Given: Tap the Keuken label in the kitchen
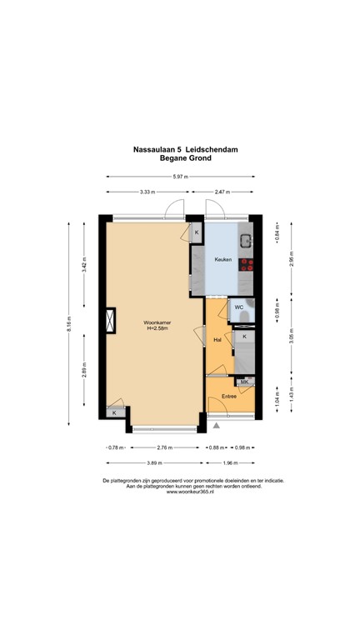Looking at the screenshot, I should (x=222, y=259).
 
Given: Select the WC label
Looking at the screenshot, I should (x=238, y=307).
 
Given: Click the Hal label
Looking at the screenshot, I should (x=217, y=340).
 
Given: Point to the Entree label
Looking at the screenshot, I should (x=229, y=396).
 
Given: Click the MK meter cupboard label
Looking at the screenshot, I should (x=244, y=382).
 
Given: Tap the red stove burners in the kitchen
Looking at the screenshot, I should (x=247, y=266).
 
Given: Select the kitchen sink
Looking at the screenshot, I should (x=247, y=242).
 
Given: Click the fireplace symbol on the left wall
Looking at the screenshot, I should (x=108, y=321).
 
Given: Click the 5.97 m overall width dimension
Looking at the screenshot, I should (x=180, y=177).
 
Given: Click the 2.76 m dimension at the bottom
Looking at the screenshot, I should (x=164, y=447).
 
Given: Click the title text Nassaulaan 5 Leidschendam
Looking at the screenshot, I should (x=180, y=149).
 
